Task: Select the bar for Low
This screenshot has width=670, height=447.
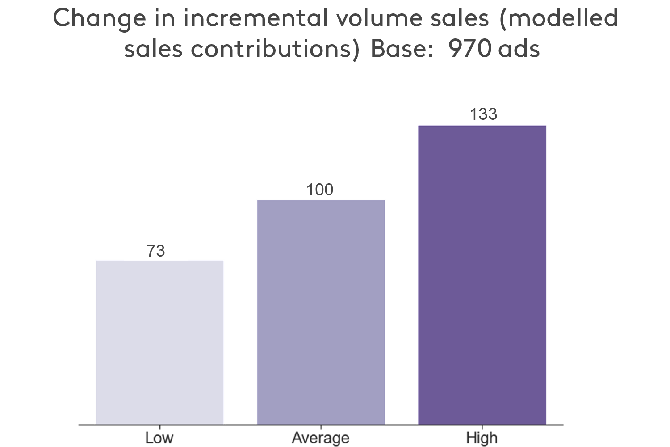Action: (x=159, y=342)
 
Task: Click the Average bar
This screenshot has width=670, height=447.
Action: (x=321, y=312)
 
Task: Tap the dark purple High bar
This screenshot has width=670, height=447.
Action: (x=482, y=275)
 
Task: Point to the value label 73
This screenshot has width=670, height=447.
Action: (x=156, y=251)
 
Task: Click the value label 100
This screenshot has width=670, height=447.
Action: (x=319, y=190)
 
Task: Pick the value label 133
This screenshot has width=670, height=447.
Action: (x=483, y=114)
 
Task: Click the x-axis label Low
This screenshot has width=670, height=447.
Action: (x=159, y=438)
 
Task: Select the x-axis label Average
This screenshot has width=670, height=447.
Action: (x=320, y=438)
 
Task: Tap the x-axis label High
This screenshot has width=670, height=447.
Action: (x=482, y=438)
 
